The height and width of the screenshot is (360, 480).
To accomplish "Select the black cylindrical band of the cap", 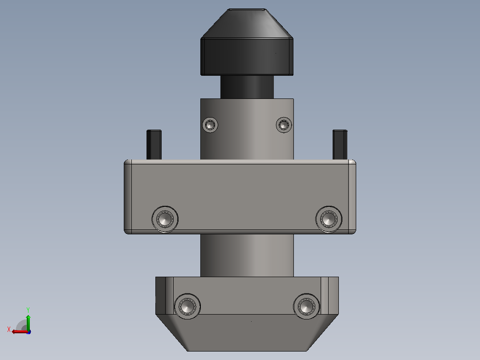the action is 247,57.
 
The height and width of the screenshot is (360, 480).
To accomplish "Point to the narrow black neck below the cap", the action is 247,87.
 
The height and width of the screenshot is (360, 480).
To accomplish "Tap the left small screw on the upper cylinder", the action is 210,125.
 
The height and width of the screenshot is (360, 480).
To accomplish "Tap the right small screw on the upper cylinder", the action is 284,125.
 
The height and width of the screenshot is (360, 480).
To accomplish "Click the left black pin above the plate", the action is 154,145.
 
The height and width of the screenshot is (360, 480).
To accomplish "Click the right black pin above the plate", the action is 340,145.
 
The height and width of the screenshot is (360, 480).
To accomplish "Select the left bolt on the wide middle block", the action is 165,219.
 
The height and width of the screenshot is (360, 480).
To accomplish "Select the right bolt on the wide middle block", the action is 329,219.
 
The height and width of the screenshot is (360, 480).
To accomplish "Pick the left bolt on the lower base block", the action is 187,307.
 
